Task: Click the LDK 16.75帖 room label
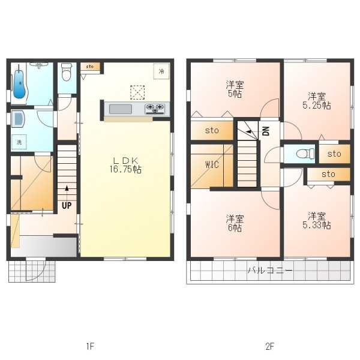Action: (x=125, y=165)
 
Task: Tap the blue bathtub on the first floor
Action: (x=20, y=83)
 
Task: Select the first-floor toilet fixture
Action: (x=67, y=72)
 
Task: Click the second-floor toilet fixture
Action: (x=305, y=154)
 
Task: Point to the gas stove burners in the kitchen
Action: (x=155, y=109)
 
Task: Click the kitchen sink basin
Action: (x=121, y=109)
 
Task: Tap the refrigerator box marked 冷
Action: (x=161, y=71)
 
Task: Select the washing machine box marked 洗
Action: (x=19, y=142)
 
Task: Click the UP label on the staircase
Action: (x=67, y=205)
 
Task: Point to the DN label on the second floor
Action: (x=266, y=131)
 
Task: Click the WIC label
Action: (x=212, y=164)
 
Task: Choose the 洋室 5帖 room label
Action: (x=235, y=89)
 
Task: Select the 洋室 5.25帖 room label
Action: (x=317, y=101)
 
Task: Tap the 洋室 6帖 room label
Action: (x=235, y=223)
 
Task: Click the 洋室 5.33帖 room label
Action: (x=317, y=221)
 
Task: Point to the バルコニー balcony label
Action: (x=270, y=270)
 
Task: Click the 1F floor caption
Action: (x=90, y=346)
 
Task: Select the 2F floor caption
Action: (x=270, y=346)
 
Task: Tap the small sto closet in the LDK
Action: (x=90, y=67)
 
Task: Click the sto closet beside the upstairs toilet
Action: (x=334, y=154)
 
